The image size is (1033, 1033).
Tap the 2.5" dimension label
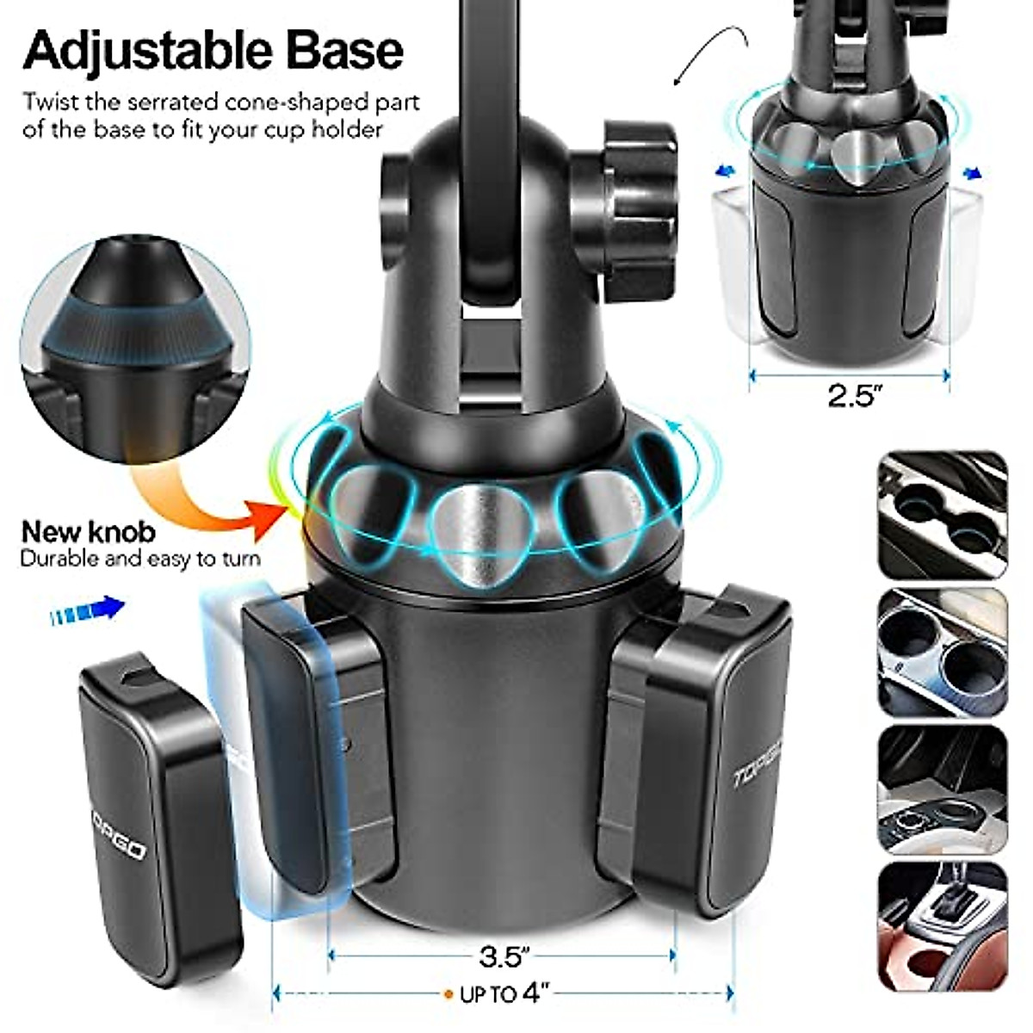856,396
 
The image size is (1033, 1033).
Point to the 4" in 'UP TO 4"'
535,993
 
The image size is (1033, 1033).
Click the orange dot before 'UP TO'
448,994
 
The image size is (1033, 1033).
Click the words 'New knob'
89,531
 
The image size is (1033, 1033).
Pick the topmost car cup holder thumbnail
942,514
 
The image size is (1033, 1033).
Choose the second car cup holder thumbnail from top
942,653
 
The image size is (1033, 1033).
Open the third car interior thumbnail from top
942,789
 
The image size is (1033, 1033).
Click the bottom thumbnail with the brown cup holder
942,925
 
